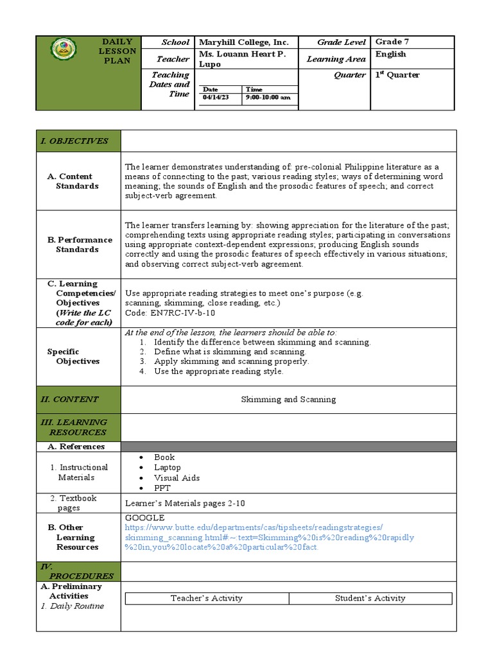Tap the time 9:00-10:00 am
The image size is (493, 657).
268,98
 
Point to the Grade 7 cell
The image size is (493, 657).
392,42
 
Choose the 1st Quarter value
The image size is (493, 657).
397,74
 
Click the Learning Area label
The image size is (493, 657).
336,59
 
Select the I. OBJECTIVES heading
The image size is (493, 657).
74,141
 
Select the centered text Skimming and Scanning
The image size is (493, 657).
288,399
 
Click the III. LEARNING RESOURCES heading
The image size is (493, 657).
74,427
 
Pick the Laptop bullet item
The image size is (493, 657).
167,468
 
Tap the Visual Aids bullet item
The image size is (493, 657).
177,478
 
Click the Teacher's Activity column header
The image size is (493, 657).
207,599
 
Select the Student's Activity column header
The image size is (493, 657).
370,599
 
